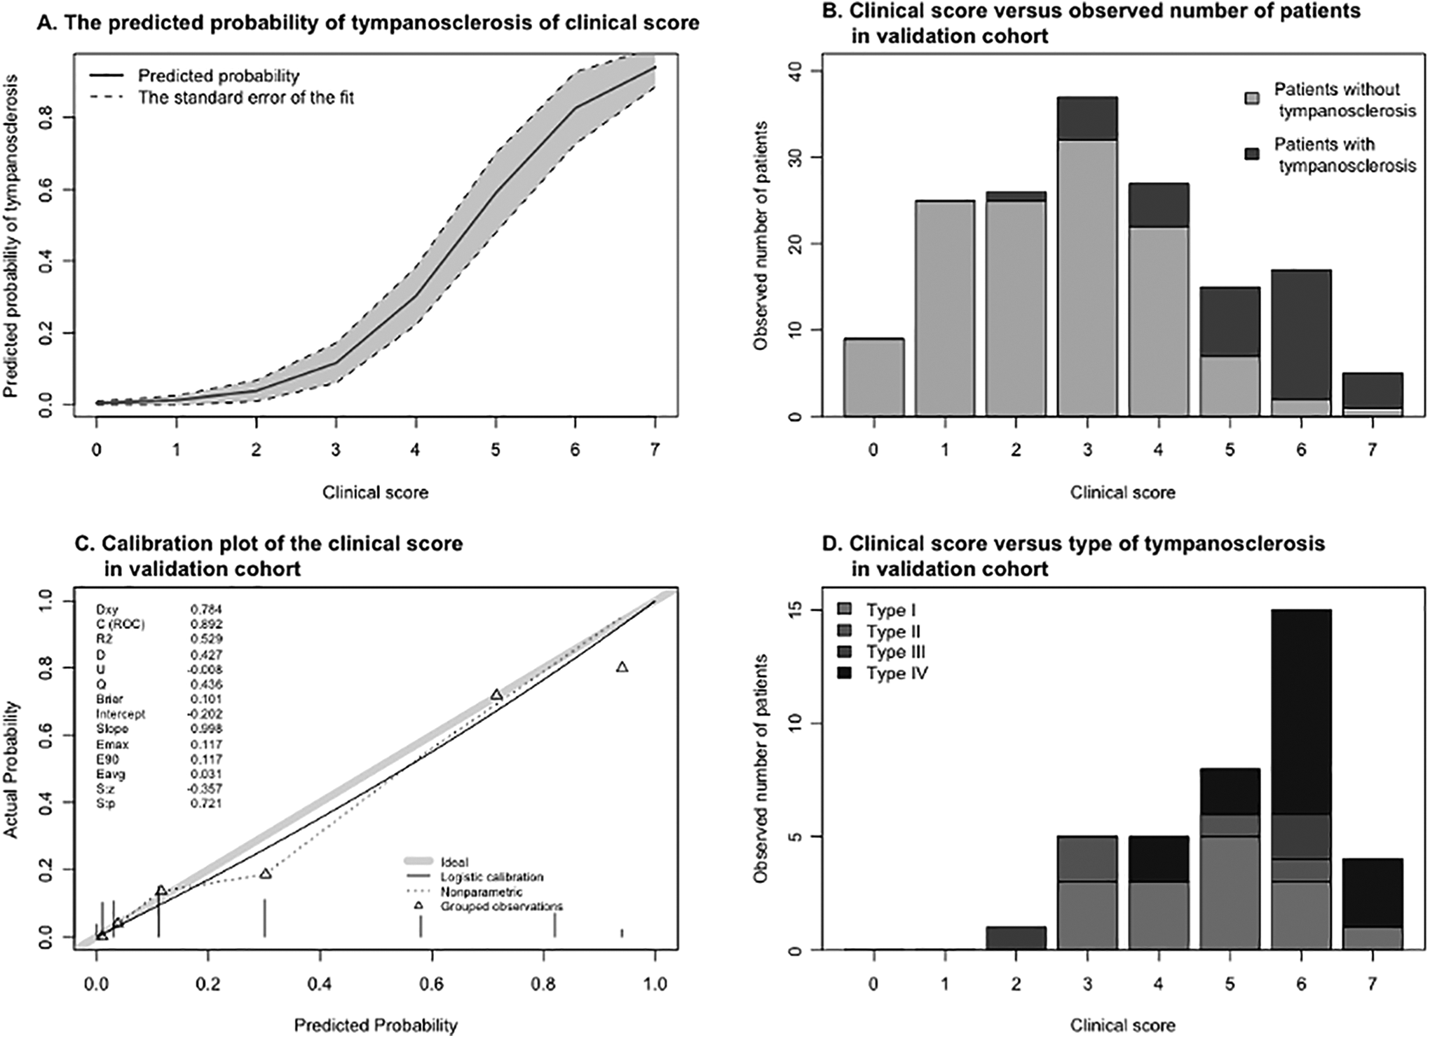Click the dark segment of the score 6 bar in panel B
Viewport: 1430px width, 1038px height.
point(1301,335)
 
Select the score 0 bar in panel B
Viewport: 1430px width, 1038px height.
point(873,377)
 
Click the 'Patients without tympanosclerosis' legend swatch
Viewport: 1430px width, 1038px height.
point(1253,99)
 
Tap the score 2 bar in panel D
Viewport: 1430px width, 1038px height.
point(1016,938)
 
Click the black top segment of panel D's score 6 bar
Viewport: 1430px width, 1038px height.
point(1301,712)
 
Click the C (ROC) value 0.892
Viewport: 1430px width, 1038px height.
point(206,624)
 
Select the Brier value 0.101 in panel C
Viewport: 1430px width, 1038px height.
point(206,699)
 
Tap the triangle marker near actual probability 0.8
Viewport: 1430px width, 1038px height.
point(622,667)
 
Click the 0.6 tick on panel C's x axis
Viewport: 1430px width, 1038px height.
point(432,985)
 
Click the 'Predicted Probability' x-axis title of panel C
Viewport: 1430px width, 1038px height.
point(376,1025)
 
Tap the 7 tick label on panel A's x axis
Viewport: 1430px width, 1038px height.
point(655,450)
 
